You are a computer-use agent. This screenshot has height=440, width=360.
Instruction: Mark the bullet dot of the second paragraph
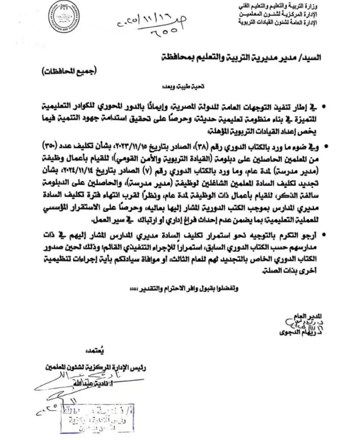point(329,147)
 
